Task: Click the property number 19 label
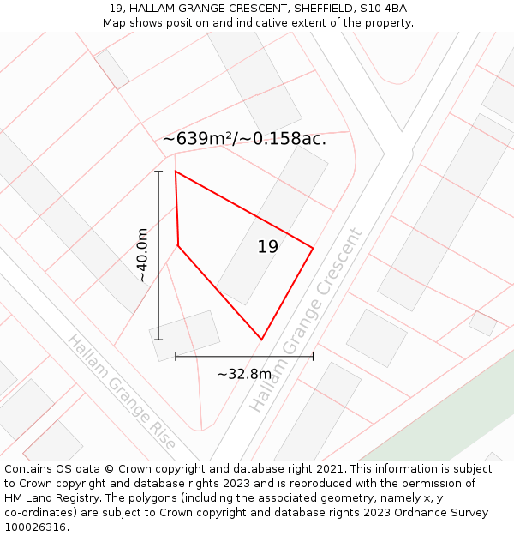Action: click(267, 247)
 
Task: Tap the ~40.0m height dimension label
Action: click(142, 256)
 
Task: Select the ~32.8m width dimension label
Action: click(244, 374)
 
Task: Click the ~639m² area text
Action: click(196, 139)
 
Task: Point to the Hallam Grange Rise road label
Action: click(122, 393)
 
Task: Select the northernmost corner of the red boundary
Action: click(176, 172)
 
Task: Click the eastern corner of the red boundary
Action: click(313, 249)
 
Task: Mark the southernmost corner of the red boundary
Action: click(261, 340)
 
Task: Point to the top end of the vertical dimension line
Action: click(158, 172)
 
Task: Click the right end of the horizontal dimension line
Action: click(313, 356)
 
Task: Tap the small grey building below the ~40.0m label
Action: click(184, 335)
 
